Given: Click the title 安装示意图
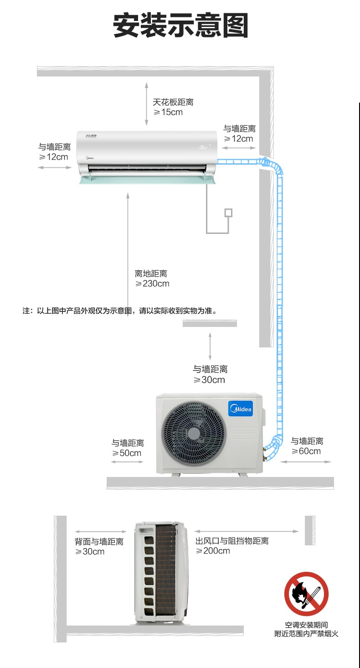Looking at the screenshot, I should (180, 26).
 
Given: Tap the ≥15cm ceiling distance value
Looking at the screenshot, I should (168, 112).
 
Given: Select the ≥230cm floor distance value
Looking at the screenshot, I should (152, 284).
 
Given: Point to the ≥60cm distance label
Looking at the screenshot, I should (306, 451).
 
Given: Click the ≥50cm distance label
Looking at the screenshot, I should (127, 453).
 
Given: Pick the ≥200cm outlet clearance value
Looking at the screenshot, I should (213, 551).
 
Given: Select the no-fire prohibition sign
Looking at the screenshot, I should (306, 594).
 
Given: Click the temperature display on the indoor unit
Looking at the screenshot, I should (203, 147).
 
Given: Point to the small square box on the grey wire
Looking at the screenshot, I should (228, 213).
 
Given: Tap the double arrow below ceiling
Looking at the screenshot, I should (146, 104).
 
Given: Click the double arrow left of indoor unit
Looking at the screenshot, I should (55, 168).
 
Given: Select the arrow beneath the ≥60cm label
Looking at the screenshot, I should (305, 461).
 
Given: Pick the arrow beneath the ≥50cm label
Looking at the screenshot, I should (127, 462).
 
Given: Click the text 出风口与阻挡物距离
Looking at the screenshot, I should (232, 541).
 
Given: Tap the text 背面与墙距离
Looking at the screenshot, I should (99, 542).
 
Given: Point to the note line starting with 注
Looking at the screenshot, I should (119, 311).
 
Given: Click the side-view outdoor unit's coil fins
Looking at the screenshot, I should (165, 570).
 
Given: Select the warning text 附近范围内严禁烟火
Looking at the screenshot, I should (306, 634).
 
